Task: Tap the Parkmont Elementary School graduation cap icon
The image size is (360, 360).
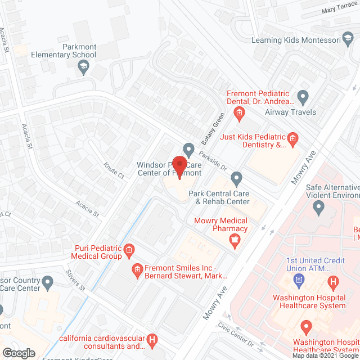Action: [83, 67]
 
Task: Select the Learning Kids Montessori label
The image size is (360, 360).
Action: [304, 40]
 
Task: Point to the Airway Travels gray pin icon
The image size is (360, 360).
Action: [303, 97]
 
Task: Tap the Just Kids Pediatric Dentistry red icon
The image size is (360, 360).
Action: [292, 137]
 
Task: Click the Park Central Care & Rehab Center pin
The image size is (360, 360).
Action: [237, 179]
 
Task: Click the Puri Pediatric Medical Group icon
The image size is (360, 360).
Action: [128, 249]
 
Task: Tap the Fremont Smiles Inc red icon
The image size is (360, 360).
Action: [136, 272]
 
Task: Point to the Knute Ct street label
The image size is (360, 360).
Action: [113, 170]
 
